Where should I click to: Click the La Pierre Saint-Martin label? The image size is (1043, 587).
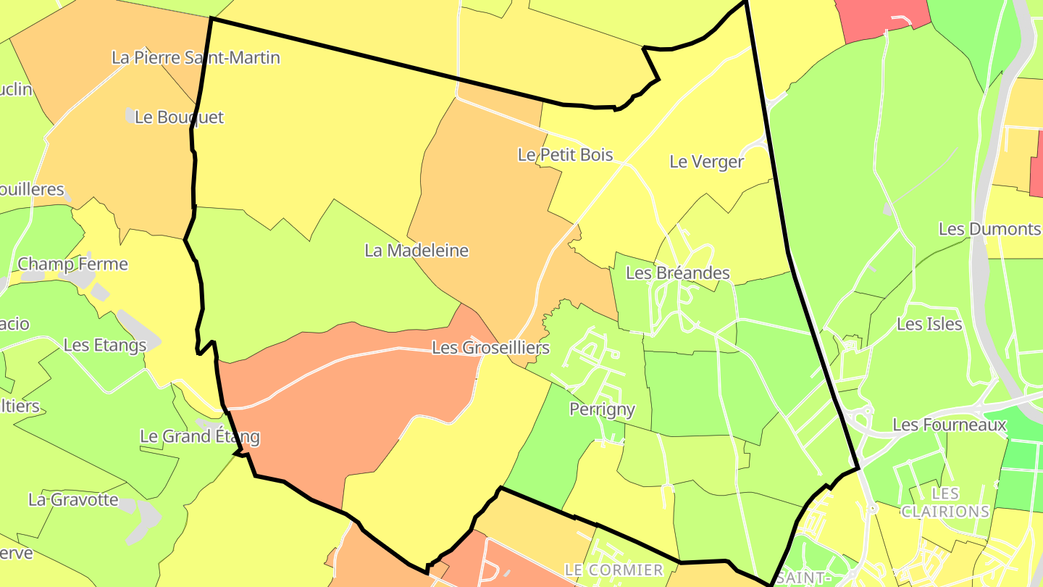coord(196,57)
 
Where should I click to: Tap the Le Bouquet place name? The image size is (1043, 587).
coord(180,117)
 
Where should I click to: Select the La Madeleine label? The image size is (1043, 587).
coord(416,251)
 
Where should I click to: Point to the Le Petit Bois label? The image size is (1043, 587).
coord(565,154)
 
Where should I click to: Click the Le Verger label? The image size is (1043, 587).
coord(706,162)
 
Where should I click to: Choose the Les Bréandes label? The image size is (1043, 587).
coord(677,273)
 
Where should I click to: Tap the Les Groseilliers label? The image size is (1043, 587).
coord(490,348)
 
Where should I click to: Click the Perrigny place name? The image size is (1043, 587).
coord(602,409)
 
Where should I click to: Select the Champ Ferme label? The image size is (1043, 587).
coord(72,264)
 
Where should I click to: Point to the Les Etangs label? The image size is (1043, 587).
coord(105,345)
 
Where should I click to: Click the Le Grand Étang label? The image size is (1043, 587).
coord(199,436)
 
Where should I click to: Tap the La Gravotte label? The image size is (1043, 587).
coord(73,499)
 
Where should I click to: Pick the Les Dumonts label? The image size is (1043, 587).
coord(989,229)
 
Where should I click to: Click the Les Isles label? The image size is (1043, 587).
coord(929,324)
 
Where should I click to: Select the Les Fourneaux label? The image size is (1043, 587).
coord(950,425)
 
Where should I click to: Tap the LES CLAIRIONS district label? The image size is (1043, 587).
coord(945,502)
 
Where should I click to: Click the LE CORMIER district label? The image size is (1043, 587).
coord(613,570)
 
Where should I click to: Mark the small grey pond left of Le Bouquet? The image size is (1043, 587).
coord(130,115)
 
